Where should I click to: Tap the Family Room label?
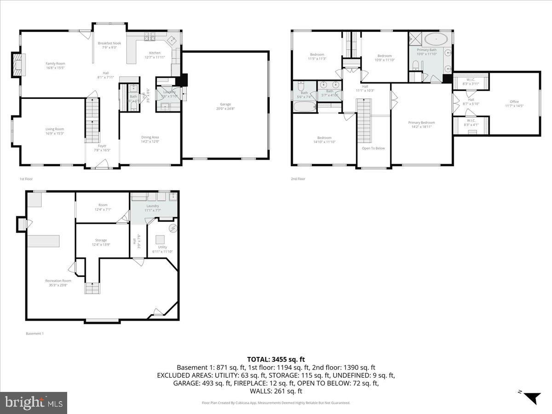click(55, 63)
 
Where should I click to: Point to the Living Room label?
click(54, 129)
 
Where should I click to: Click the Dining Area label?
click(150, 137)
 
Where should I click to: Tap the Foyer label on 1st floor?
click(102, 146)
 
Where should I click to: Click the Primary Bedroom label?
click(421, 122)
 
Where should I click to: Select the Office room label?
click(514, 102)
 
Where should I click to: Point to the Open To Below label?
click(373, 148)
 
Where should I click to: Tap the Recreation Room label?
click(58, 281)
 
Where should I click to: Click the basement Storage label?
click(101, 240)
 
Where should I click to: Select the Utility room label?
click(162, 247)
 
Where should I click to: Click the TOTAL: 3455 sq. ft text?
click(276, 359)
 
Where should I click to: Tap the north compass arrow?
click(533, 397)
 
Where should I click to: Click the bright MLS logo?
click(34, 403)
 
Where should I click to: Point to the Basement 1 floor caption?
click(34, 333)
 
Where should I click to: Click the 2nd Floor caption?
click(298, 179)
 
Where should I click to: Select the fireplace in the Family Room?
click(18, 65)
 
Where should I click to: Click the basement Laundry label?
click(152, 206)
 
